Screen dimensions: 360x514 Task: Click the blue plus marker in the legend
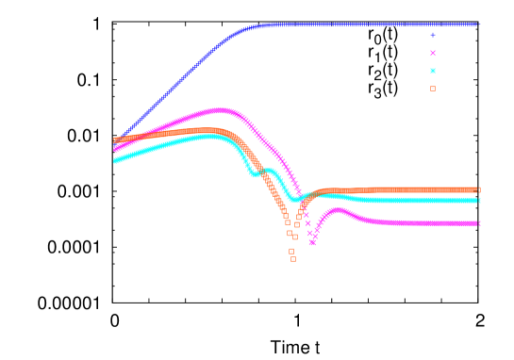coord(433,35)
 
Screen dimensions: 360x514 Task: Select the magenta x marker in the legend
coord(433,53)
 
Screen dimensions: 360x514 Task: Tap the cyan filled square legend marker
coord(433,71)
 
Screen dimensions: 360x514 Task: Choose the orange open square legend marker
coord(433,89)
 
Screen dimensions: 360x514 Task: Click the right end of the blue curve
coord(479,25)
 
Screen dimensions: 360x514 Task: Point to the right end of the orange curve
coord(479,189)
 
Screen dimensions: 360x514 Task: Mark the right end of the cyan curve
coord(479,201)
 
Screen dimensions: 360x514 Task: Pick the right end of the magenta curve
coord(479,223)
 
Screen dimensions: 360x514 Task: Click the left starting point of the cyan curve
coord(115,161)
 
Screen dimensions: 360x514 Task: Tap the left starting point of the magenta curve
coord(115,149)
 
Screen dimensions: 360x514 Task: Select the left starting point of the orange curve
coord(115,140)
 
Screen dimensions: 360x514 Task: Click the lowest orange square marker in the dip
coord(292,258)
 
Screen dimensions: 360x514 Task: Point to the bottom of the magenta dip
coord(312,242)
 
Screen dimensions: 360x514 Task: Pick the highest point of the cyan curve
coord(209,136)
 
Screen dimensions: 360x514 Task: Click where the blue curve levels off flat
coord(269,25)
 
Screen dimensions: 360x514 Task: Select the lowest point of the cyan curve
coord(295,200)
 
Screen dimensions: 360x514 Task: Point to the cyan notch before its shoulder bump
coord(255,174)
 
